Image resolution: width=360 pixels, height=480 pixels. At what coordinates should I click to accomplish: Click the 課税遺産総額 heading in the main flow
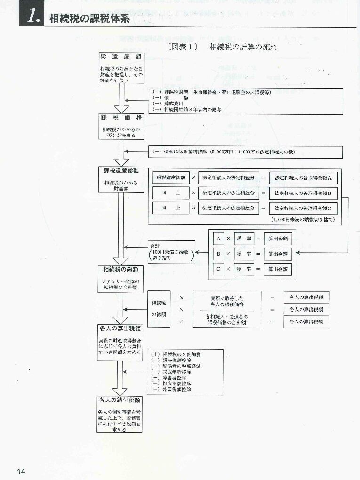click(120, 170)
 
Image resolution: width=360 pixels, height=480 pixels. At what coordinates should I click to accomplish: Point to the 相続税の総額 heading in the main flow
click(120, 269)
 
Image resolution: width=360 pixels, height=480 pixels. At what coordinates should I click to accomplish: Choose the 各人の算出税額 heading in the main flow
click(120, 329)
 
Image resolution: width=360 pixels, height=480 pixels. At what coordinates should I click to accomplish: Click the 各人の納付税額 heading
click(120, 400)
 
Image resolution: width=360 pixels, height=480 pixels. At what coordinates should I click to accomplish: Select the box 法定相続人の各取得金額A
click(303, 178)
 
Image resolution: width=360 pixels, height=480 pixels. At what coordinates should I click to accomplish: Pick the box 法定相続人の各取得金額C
click(303, 208)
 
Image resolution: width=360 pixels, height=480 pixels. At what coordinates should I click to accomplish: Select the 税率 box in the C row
click(243, 269)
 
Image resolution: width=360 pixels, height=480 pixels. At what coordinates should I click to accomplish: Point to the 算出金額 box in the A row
click(277, 239)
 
